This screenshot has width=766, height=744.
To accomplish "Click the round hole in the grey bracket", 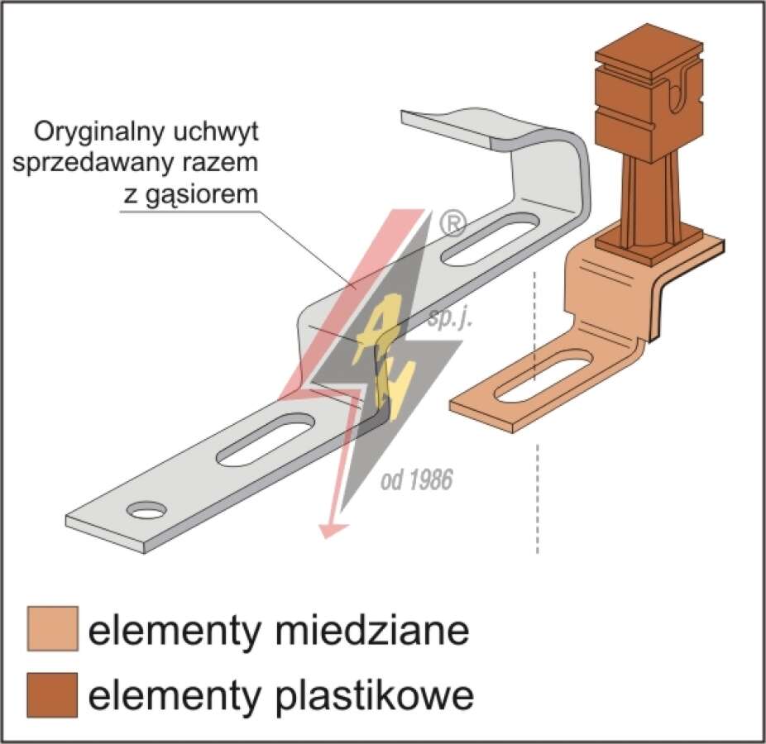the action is tap(146, 510).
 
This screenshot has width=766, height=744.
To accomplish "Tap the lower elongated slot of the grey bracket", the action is tap(266, 438).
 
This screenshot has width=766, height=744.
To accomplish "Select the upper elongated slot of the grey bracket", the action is tap(490, 239).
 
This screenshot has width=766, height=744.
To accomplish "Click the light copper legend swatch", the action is tap(53, 629).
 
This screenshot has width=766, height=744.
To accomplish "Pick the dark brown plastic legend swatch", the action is tap(53, 694).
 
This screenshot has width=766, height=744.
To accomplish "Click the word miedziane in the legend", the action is tap(371, 630).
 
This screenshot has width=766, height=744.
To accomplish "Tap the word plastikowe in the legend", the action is tap(374, 695).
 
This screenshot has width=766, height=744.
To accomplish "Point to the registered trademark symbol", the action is tap(453, 224).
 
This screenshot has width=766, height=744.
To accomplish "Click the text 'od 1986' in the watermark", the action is tap(416, 479).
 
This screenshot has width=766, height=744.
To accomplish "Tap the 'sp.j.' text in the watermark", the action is tap(449, 320).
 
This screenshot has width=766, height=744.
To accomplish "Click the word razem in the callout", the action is tap(221, 163).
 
